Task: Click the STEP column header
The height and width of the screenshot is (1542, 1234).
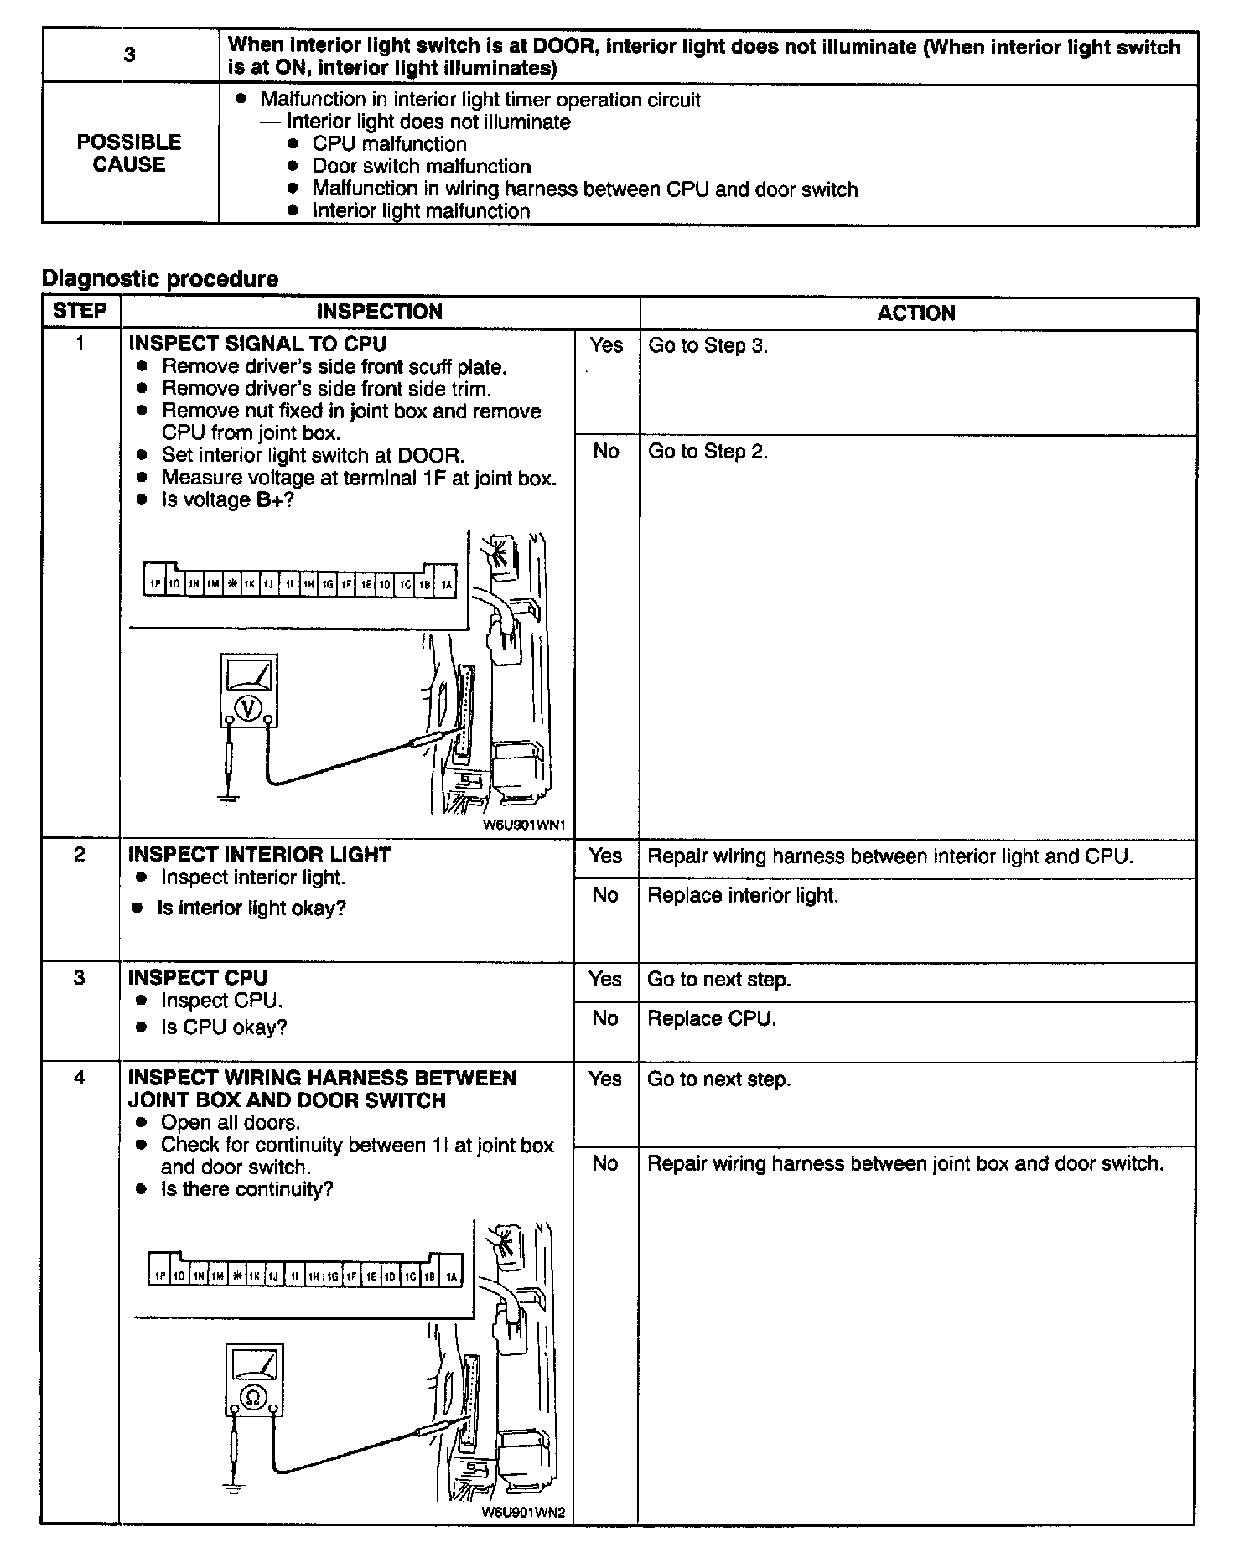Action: tap(80, 311)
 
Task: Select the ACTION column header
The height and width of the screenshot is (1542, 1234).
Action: tap(916, 313)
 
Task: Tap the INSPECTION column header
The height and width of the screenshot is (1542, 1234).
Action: tap(379, 312)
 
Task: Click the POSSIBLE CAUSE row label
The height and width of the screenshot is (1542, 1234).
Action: tap(129, 153)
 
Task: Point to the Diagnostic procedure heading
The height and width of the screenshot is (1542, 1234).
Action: tap(159, 278)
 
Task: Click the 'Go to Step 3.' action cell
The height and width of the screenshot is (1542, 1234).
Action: tap(708, 345)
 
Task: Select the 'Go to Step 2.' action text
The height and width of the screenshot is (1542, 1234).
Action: tap(708, 452)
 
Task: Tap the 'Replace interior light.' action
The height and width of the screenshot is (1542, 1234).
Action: tap(743, 895)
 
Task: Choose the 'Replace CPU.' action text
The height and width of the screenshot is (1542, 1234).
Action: tap(712, 1018)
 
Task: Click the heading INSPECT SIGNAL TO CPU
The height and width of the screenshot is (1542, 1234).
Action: tap(258, 344)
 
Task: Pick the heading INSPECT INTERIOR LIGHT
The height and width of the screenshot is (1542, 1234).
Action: tap(260, 855)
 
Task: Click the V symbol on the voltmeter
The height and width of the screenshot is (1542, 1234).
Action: tap(247, 708)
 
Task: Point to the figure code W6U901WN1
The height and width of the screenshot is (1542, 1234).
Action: tap(524, 825)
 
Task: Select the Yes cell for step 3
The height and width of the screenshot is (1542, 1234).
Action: tap(605, 979)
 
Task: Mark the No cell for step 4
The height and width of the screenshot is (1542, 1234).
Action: tap(605, 1163)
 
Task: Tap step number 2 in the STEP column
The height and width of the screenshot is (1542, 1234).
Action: tap(80, 855)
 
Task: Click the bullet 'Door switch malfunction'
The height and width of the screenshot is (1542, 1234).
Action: tap(422, 166)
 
